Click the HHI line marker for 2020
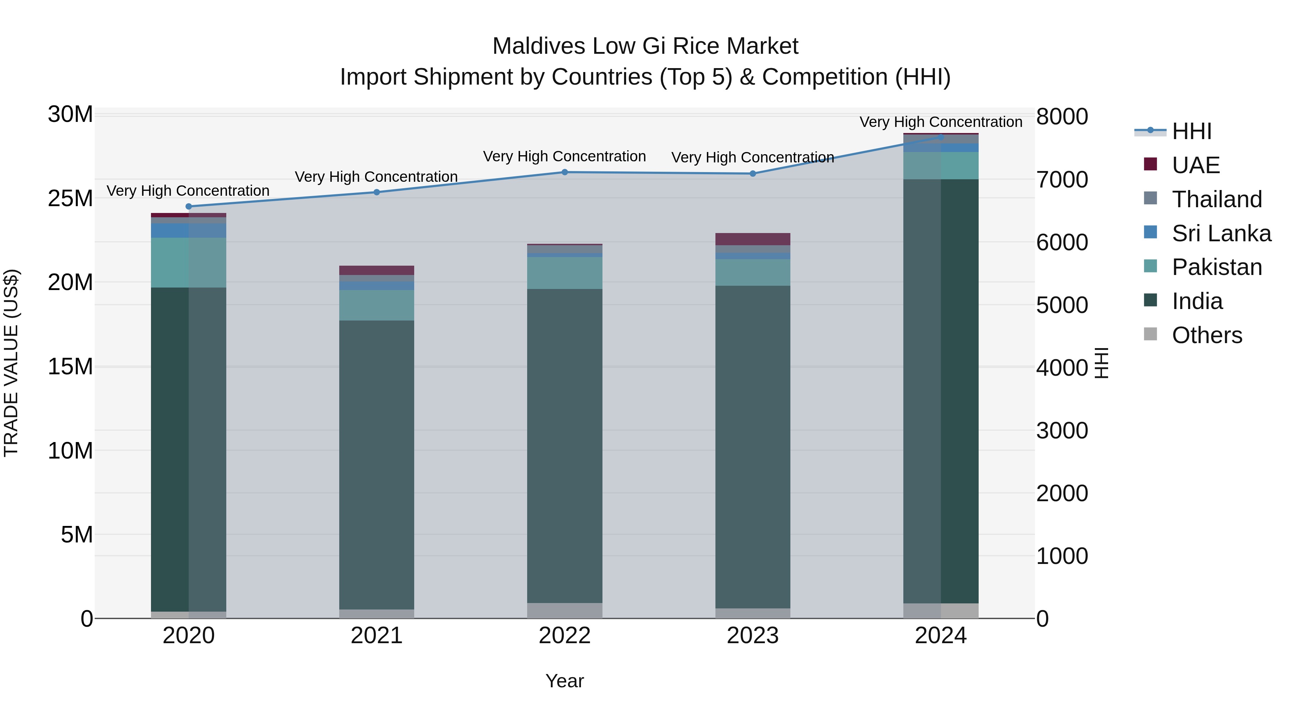tap(188, 207)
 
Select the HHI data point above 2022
tap(564, 172)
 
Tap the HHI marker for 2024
tap(941, 137)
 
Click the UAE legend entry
tap(1195, 165)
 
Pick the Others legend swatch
tap(1151, 334)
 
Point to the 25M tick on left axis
tap(70, 198)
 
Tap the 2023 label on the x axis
tap(752, 636)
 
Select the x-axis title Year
tap(564, 681)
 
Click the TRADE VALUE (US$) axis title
tap(11, 363)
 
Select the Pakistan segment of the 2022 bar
tap(564, 273)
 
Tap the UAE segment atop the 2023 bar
tap(752, 239)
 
